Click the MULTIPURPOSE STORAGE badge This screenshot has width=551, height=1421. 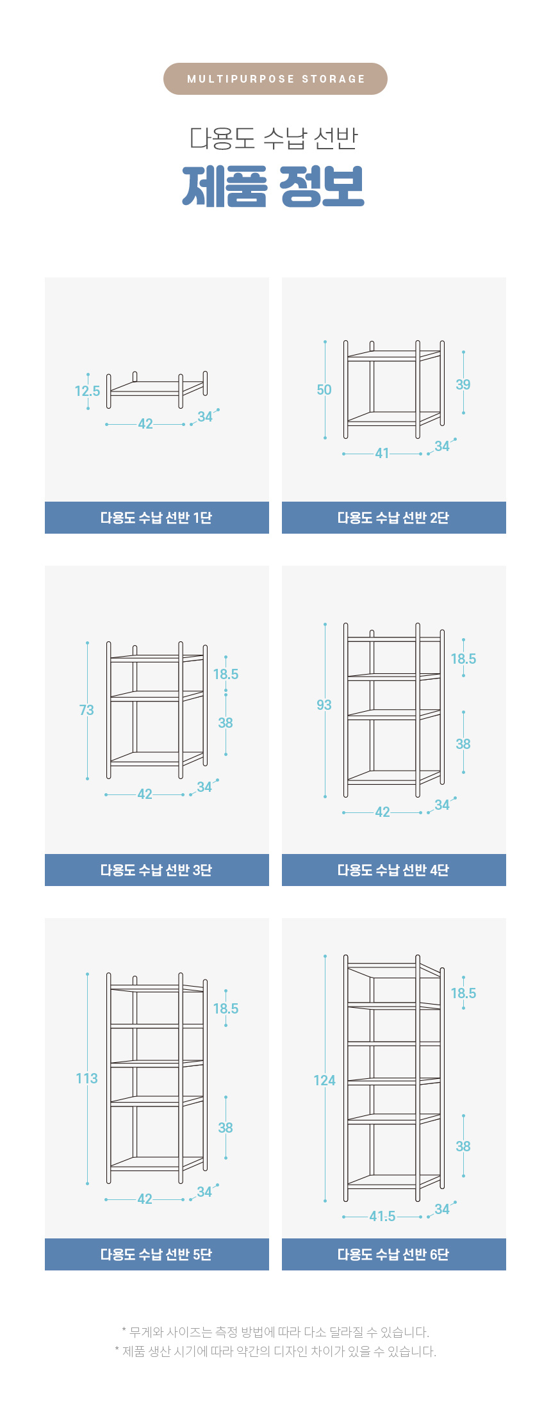click(275, 79)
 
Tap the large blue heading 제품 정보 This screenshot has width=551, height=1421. click(274, 186)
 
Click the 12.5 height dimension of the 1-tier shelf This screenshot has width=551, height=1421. click(87, 391)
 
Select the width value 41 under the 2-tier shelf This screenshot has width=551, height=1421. click(382, 454)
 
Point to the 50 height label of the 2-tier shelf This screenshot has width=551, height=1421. click(324, 390)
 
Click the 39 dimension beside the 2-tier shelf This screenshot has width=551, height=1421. click(463, 384)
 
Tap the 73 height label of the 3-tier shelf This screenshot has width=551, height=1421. click(86, 710)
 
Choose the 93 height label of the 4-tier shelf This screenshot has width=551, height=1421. click(324, 705)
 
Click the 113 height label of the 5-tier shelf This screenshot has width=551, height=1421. click(87, 1078)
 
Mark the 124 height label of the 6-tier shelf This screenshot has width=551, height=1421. click(324, 1080)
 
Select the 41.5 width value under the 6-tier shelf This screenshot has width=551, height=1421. click(382, 1216)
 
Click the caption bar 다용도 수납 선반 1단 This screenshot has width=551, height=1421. click(157, 518)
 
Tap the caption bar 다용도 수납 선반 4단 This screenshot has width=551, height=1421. click(394, 870)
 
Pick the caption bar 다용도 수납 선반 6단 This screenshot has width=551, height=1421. click(394, 1254)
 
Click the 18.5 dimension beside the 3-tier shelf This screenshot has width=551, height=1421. click(226, 674)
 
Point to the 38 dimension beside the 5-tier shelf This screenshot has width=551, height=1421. click(226, 1128)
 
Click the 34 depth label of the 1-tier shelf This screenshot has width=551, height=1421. click(205, 417)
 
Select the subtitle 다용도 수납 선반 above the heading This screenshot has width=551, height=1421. click(274, 138)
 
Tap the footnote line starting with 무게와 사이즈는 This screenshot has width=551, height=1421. click(275, 1332)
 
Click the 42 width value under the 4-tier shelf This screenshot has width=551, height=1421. click(382, 812)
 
